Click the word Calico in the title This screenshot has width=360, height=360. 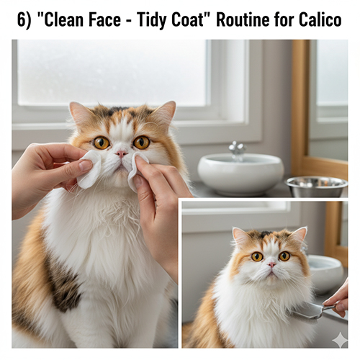(320, 19)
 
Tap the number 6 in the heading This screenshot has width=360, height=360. (22, 19)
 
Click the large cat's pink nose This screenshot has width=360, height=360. (122, 153)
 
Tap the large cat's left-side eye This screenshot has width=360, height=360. (101, 143)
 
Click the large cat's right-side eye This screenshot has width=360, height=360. (141, 142)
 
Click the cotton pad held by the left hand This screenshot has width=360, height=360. (89, 169)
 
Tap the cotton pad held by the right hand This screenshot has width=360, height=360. (135, 171)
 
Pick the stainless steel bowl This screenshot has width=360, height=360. (316, 186)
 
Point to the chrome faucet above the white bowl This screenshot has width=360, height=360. (237, 150)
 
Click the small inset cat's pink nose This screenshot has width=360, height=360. (271, 264)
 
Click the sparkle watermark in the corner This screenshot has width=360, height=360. (339, 340)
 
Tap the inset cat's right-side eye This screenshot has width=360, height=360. (284, 256)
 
